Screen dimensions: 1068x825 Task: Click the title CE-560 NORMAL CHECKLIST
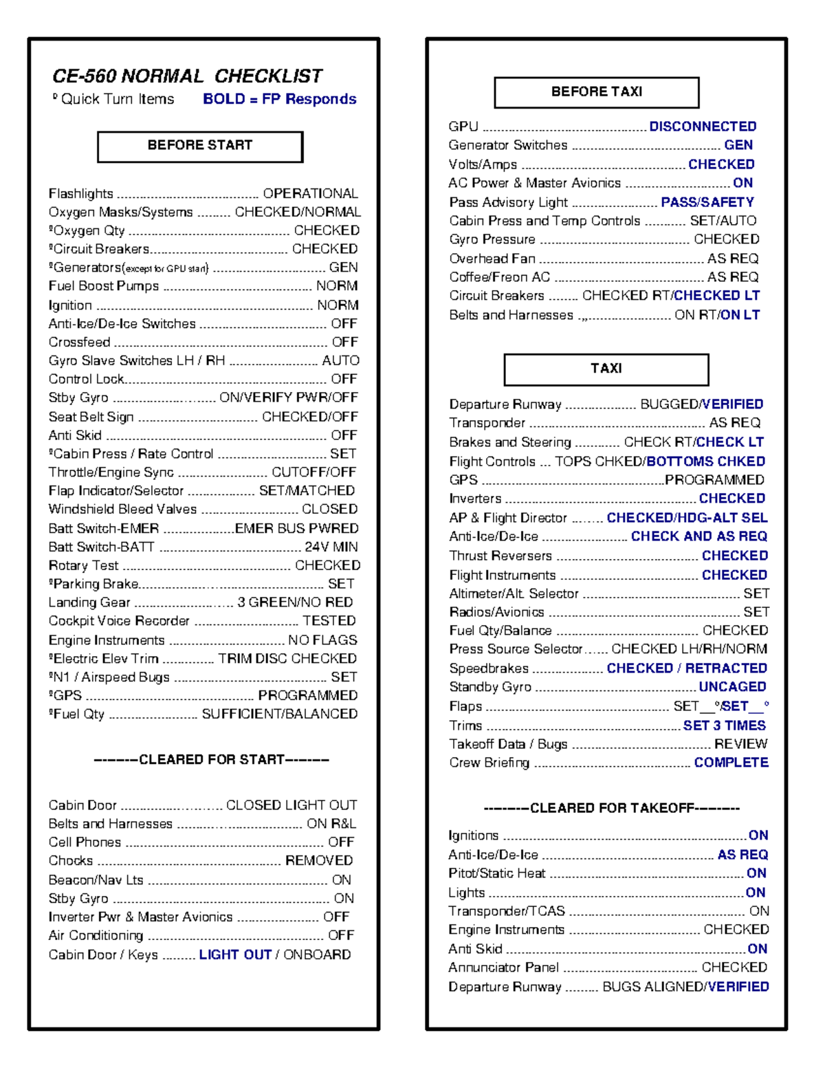(x=187, y=76)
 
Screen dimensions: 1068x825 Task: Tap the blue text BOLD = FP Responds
(x=279, y=99)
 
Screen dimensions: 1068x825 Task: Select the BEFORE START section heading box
(x=200, y=146)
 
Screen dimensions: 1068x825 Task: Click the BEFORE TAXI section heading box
(x=596, y=92)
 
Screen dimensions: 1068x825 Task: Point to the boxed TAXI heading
(x=606, y=369)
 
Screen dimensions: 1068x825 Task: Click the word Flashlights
(x=80, y=194)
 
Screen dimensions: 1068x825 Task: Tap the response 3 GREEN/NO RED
(x=295, y=602)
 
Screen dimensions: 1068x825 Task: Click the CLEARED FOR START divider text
(x=211, y=760)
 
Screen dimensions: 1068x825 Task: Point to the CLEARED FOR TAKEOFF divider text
(x=611, y=808)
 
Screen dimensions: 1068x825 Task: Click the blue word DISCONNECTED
(x=703, y=127)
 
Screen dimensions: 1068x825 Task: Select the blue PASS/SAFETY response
(x=707, y=202)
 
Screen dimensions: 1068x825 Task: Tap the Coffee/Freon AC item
(x=499, y=277)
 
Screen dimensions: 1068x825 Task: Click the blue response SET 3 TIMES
(x=724, y=726)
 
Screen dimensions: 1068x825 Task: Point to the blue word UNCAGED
(x=732, y=687)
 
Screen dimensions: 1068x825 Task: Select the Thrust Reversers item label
(x=500, y=556)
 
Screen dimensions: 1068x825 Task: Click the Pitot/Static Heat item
(x=496, y=873)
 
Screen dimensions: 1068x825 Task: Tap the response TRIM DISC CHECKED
(x=287, y=659)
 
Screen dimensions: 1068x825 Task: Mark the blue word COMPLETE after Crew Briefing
(x=731, y=763)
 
